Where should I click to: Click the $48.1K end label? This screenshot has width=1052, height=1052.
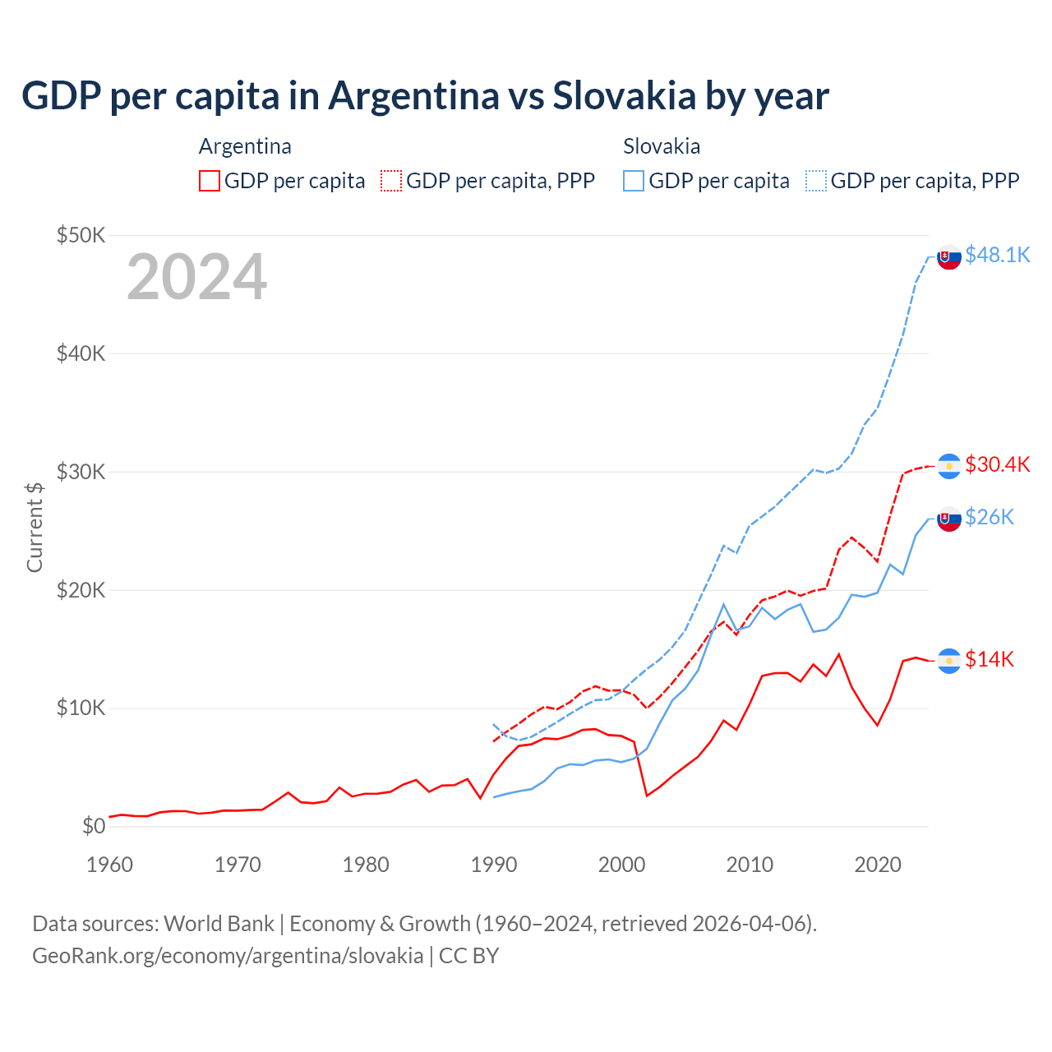997,255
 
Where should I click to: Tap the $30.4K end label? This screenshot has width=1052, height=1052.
997,464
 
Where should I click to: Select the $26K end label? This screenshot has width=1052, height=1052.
990,517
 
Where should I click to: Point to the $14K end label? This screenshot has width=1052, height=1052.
990,659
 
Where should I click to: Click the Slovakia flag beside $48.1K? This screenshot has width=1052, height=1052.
949,257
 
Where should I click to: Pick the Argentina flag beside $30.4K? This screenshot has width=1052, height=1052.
949,466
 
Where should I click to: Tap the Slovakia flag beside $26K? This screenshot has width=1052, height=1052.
949,519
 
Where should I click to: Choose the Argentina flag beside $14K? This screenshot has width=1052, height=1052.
949,661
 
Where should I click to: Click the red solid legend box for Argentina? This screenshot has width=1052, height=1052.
210,181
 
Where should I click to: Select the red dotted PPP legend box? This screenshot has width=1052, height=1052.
392,181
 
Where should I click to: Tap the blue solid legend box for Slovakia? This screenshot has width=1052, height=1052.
634,181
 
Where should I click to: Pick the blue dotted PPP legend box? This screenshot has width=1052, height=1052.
816,181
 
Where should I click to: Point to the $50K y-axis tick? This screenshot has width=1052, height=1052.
81,235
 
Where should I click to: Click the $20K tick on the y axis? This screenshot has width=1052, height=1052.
81,590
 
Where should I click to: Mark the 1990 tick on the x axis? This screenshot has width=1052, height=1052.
494,865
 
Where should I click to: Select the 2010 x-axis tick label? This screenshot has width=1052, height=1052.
750,865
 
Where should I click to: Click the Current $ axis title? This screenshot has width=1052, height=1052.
35,527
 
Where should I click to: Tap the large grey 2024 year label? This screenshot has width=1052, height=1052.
197,278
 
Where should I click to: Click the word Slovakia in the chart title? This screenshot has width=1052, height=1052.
624,95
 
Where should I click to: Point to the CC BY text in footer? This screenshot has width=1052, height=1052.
468,956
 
